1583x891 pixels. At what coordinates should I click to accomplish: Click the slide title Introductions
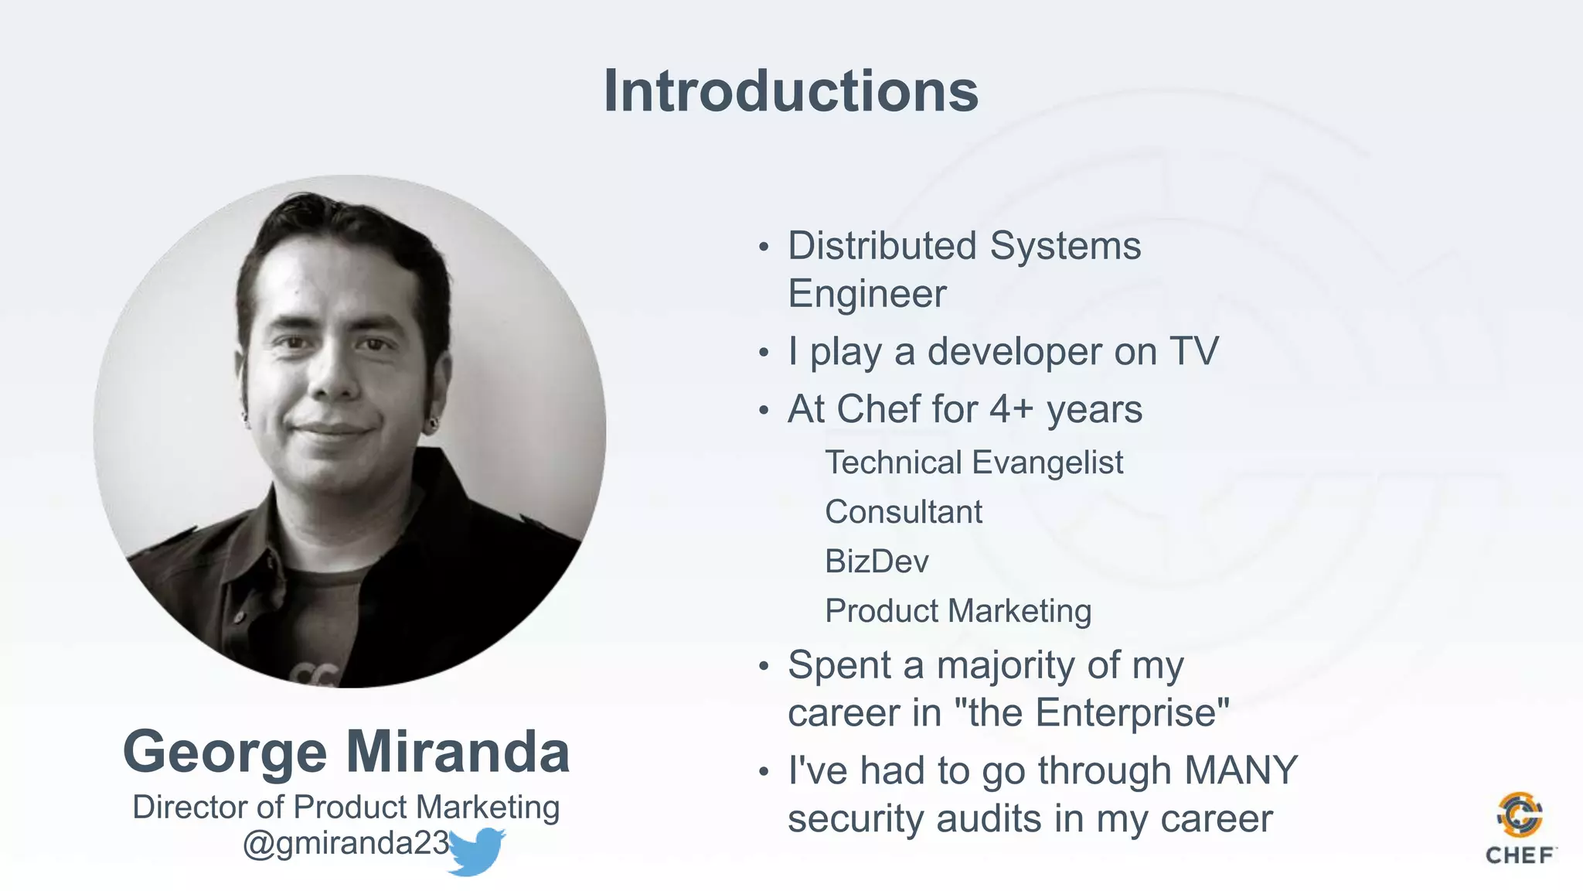pyautogui.click(x=791, y=91)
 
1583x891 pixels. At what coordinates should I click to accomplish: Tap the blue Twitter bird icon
pyautogui.click(x=475, y=851)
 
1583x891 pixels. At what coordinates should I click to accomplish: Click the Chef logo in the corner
pyautogui.click(x=1520, y=828)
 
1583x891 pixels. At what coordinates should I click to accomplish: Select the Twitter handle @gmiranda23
pyautogui.click(x=346, y=842)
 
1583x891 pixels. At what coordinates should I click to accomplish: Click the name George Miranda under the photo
pyautogui.click(x=346, y=751)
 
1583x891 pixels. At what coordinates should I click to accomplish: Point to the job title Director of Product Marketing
pyautogui.click(x=346, y=807)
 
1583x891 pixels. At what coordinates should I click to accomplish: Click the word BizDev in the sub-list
pyautogui.click(x=877, y=561)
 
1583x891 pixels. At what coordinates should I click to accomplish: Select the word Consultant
pyautogui.click(x=904, y=511)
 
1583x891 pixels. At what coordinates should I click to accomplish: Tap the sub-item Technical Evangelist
pyautogui.click(x=974, y=462)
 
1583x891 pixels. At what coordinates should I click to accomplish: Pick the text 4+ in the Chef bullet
pyautogui.click(x=1012, y=408)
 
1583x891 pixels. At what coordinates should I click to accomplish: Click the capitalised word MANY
pyautogui.click(x=1241, y=770)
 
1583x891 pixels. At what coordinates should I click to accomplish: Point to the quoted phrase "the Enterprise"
pyautogui.click(x=1092, y=712)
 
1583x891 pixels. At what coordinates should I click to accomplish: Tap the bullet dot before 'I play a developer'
pyautogui.click(x=764, y=353)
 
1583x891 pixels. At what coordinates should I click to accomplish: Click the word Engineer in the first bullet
pyautogui.click(x=867, y=294)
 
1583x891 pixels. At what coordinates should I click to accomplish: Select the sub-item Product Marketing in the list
pyautogui.click(x=958, y=610)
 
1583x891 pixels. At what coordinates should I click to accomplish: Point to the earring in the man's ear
pyautogui.click(x=434, y=423)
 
